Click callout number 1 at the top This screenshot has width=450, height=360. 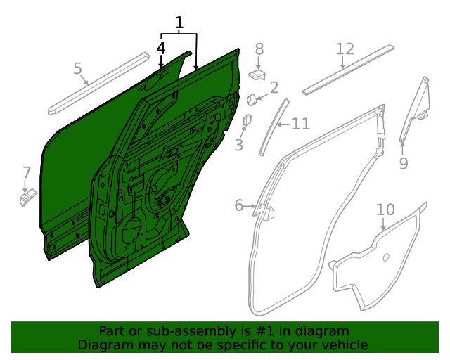(x=179, y=23)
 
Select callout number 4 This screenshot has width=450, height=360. (x=161, y=49)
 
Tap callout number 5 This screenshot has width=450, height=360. (x=78, y=68)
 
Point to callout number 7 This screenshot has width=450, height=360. (x=27, y=172)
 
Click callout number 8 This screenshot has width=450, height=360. (x=259, y=49)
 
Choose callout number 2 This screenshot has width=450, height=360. (x=274, y=88)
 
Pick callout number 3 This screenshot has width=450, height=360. (x=239, y=146)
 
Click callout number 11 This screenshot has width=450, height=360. (x=300, y=124)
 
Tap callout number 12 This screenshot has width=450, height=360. (x=345, y=49)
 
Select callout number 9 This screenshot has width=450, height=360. (x=403, y=164)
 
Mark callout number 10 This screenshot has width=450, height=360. (x=385, y=210)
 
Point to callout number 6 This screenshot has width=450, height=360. (x=239, y=205)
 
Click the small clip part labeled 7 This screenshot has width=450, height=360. (x=27, y=199)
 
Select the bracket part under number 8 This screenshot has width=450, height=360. (x=258, y=73)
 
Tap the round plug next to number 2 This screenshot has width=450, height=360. (x=250, y=99)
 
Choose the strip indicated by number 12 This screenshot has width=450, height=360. (x=347, y=70)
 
